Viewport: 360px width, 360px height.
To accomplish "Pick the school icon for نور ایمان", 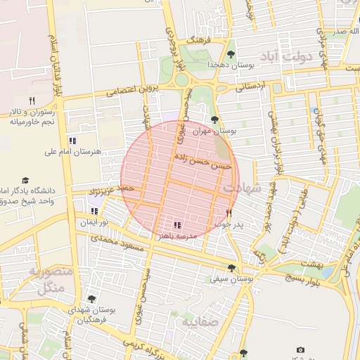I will [x=95, y=210].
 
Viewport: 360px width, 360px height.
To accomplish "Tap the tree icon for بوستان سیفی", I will [x=231, y=267].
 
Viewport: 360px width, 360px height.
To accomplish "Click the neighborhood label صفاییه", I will [x=200, y=322].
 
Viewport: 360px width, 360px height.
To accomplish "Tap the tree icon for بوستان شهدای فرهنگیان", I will [x=91, y=299].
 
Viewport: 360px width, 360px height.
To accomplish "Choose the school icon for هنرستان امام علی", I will [x=72, y=141].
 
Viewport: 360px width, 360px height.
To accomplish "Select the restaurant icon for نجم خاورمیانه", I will [x=32, y=101].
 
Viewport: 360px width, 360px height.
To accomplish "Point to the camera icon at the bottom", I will [x=301, y=349].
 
